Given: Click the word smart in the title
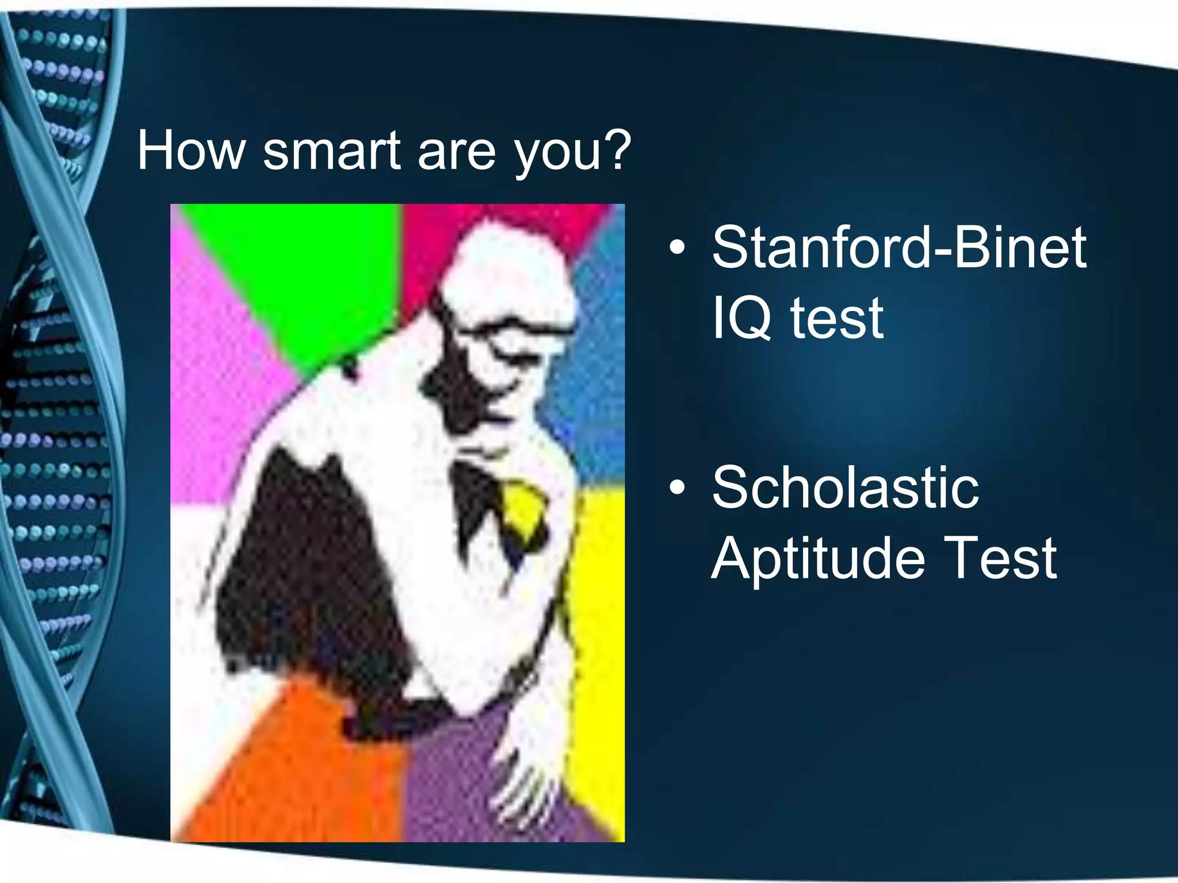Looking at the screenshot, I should point(331,151).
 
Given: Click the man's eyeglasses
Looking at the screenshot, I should point(506,333).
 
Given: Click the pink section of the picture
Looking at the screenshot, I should point(219,374).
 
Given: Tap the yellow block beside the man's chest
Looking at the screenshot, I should point(598,632).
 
